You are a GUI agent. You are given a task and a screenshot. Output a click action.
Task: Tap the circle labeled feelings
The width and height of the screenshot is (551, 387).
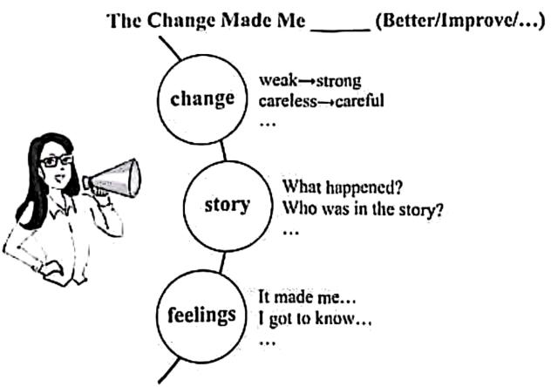(x=202, y=314)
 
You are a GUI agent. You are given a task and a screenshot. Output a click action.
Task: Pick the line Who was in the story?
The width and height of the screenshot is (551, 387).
(x=357, y=209)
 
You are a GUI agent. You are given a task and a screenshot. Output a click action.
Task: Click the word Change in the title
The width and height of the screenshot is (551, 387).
(x=176, y=21)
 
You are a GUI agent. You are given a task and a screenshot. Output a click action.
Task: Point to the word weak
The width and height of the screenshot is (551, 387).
(x=275, y=81)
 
